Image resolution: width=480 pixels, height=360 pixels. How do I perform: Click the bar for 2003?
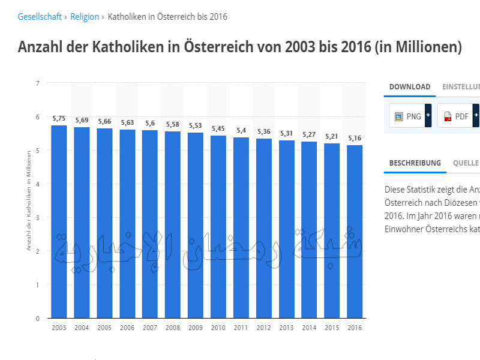pos(59,222)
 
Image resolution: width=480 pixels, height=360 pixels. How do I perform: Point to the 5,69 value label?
pos(82,121)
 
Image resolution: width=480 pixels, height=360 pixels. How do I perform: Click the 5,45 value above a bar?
pos(218,129)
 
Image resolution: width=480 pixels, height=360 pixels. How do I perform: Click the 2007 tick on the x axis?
pos(150,328)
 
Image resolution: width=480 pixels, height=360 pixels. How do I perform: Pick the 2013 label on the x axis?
pos(286,328)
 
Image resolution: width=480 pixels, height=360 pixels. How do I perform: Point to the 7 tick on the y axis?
pos(37,83)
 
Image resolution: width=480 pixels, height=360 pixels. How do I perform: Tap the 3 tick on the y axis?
pos(37,218)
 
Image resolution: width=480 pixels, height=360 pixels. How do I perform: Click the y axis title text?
pos(28,201)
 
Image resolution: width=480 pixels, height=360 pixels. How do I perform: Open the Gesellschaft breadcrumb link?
pos(40,17)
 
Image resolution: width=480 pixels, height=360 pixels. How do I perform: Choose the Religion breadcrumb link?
pos(85,17)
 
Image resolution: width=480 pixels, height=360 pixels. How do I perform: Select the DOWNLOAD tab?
pos(410,86)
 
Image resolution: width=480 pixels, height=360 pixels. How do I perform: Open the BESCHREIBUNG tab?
pos(415,163)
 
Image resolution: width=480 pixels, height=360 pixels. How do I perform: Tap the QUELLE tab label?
pos(466,163)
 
